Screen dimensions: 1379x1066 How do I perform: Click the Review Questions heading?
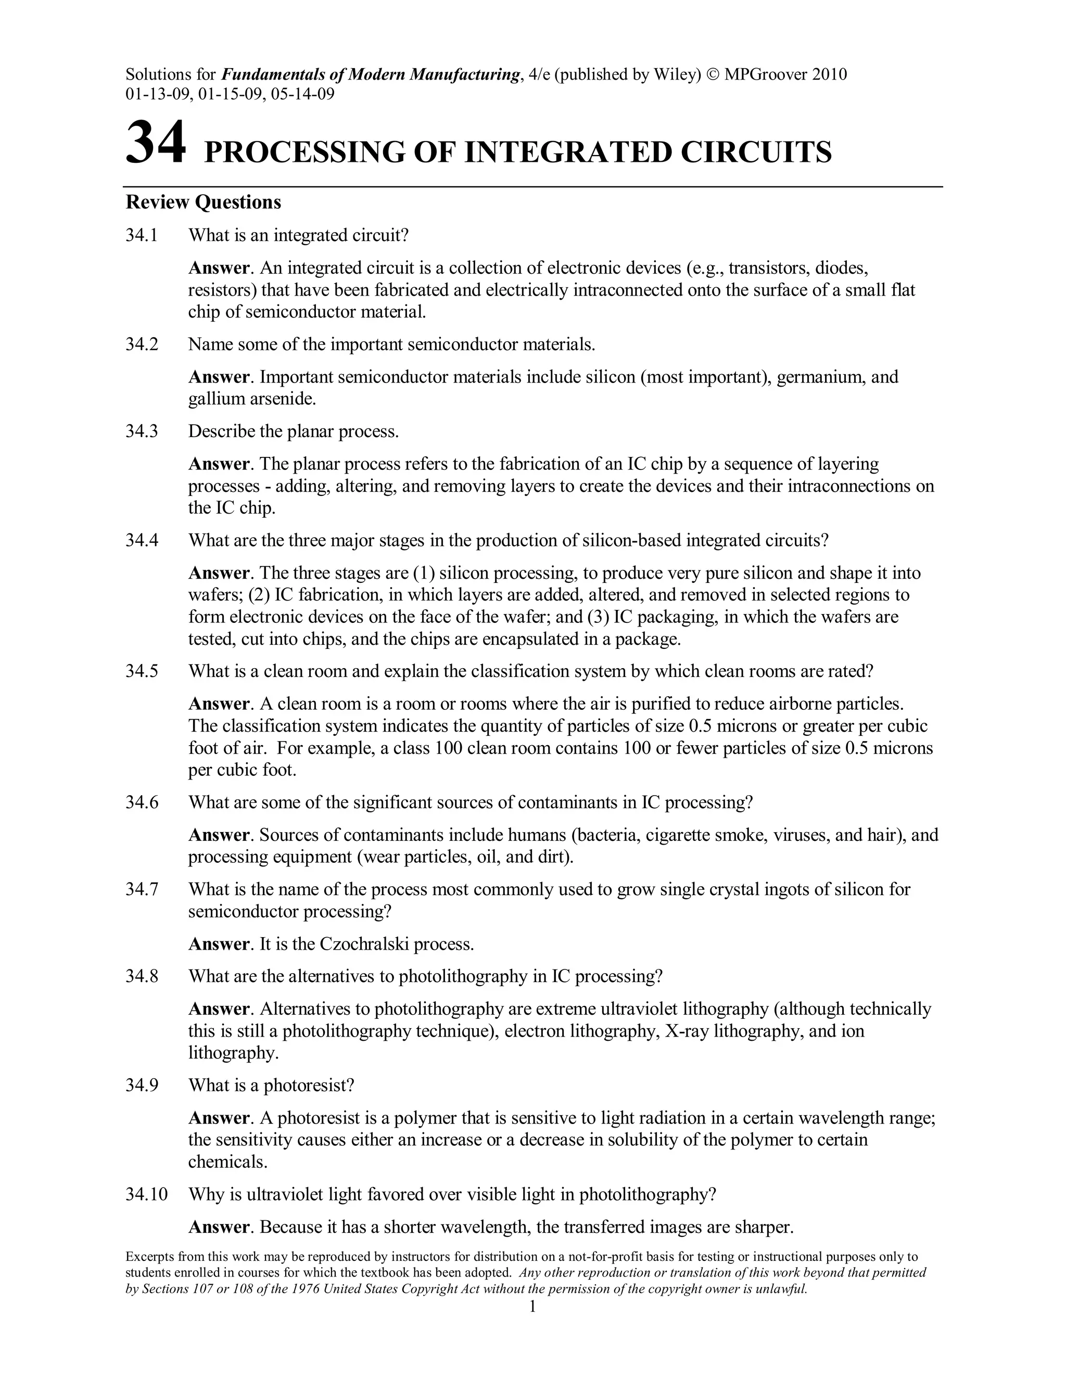pyautogui.click(x=204, y=202)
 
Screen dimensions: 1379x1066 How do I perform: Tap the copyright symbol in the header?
pyautogui.click(x=713, y=74)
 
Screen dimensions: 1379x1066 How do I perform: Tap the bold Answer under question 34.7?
pyautogui.click(x=219, y=944)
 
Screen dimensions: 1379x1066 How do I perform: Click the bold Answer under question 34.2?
pyautogui.click(x=219, y=378)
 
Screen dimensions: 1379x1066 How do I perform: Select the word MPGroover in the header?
pyautogui.click(x=764, y=74)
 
